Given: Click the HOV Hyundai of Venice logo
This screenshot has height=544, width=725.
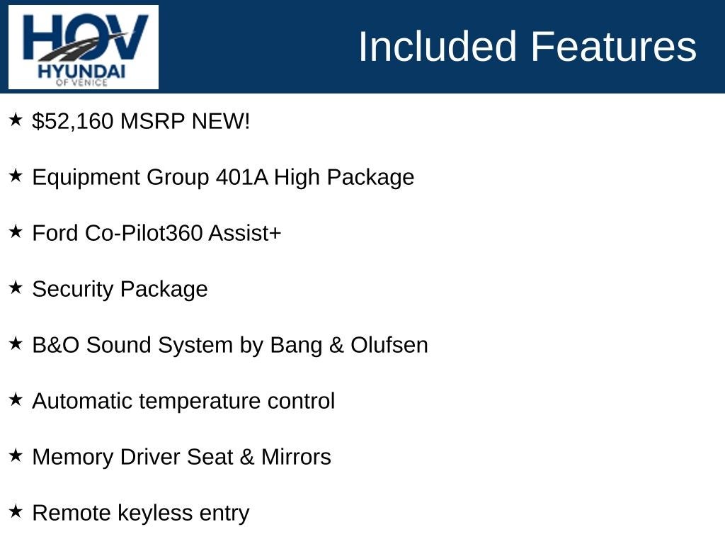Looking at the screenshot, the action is [84, 47].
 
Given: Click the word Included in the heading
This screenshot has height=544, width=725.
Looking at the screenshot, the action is [437, 46].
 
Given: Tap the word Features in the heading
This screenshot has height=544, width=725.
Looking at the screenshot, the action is [613, 46].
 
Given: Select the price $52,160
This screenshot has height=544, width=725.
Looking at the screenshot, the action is [73, 121].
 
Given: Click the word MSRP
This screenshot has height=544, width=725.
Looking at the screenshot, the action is [152, 121].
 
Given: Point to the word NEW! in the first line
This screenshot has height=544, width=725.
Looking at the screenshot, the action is [221, 121].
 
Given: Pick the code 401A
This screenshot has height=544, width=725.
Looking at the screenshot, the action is [242, 177].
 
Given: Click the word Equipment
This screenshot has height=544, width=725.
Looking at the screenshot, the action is [86, 178].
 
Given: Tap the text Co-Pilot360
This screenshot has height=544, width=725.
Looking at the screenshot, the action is [143, 232].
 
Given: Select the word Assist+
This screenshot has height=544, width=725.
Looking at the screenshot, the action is [244, 232].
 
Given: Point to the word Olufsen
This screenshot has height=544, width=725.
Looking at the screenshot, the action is [389, 345].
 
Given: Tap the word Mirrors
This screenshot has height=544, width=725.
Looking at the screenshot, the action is [296, 457].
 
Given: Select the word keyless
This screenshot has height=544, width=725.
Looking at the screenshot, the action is [155, 514].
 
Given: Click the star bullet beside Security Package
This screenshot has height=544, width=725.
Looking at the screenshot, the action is [16, 288].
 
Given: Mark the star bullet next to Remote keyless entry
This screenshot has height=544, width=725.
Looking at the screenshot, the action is [16, 511].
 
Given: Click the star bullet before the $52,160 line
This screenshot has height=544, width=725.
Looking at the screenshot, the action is [16, 119].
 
